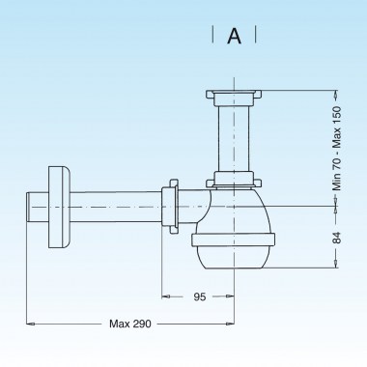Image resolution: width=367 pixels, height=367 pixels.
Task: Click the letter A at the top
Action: click(x=234, y=37)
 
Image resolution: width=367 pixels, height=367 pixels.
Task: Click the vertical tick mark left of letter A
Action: click(x=212, y=36)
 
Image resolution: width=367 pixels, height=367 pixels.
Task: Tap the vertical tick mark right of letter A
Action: click(x=256, y=36)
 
